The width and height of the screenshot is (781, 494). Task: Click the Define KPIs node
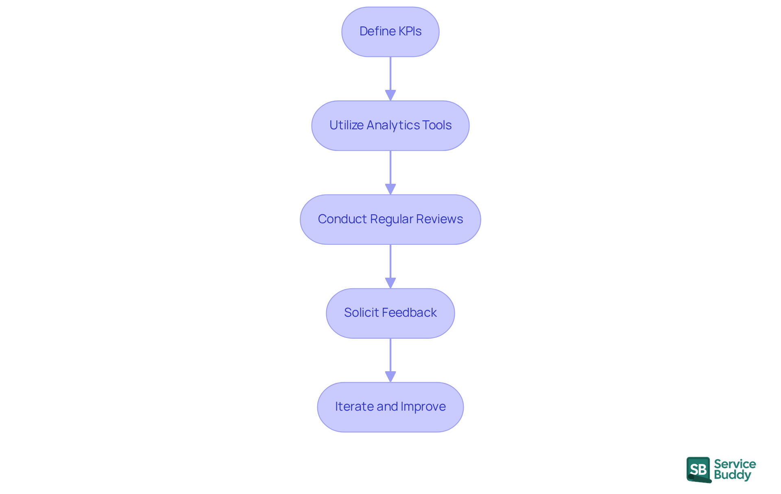(x=390, y=32)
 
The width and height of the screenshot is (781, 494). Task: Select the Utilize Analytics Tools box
(x=390, y=126)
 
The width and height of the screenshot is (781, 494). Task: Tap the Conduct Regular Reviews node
(x=390, y=220)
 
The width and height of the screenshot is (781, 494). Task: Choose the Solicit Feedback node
(x=390, y=313)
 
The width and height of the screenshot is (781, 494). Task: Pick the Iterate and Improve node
(x=390, y=407)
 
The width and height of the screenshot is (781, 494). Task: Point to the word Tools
(x=437, y=125)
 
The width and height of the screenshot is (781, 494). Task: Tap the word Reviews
(x=439, y=219)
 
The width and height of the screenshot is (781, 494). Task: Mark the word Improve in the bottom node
(x=423, y=407)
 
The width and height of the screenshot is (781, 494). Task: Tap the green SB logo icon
(x=698, y=470)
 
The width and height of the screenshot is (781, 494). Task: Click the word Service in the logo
(x=735, y=464)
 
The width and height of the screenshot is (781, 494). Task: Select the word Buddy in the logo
(x=732, y=475)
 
